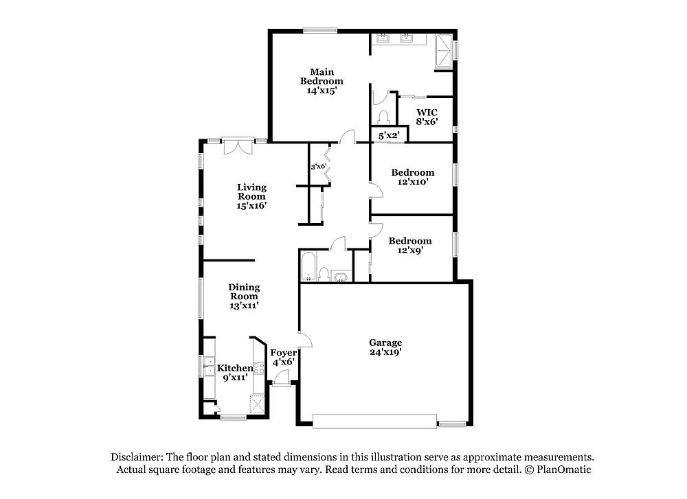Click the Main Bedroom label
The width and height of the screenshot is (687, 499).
click(322, 77)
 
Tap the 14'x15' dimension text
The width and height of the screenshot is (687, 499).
click(322, 91)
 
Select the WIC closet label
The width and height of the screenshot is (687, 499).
click(427, 113)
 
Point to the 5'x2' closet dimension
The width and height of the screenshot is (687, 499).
click(389, 136)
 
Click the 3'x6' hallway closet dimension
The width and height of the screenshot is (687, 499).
click(319, 166)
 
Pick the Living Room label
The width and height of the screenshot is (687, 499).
click(252, 192)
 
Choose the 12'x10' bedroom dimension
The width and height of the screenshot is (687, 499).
click(413, 182)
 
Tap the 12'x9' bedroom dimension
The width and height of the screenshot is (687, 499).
click(410, 251)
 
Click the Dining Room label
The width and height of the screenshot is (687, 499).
click(244, 292)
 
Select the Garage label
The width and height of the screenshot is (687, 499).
click(385, 343)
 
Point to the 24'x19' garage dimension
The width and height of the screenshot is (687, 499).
click(385, 352)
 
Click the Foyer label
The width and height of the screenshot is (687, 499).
click(284, 353)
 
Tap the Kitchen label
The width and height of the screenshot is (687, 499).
click(235, 368)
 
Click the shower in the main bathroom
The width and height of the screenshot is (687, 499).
click(443, 51)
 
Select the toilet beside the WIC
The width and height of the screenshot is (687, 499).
click(383, 118)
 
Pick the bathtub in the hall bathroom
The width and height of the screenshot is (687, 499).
click(308, 266)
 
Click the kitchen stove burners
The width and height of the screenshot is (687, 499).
click(259, 368)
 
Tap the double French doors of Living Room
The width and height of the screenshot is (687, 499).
click(238, 146)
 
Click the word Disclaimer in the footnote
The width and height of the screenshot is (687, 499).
click(137, 457)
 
